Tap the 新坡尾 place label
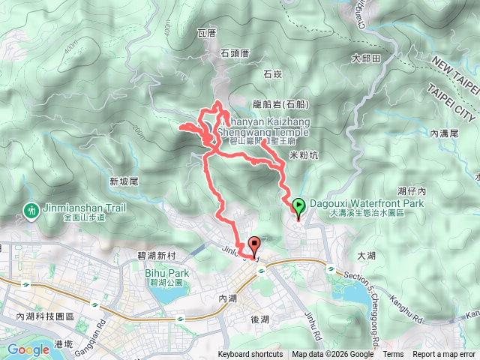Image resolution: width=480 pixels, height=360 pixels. [x=124, y=181]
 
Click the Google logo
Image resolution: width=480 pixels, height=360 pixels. [x=28, y=349]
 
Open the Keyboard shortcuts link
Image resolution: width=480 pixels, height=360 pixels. [x=250, y=355]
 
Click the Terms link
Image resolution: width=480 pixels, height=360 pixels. [x=393, y=355]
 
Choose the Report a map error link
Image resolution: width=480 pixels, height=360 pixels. [x=444, y=355]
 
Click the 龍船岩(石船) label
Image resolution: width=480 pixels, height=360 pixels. [x=278, y=105]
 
